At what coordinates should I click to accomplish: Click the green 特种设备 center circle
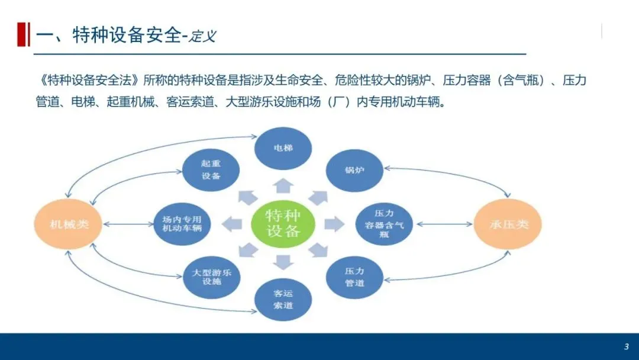[283, 223]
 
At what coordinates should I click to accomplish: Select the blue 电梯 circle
[283, 147]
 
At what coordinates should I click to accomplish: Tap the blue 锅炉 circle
[354, 171]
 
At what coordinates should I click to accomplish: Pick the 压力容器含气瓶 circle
[383, 224]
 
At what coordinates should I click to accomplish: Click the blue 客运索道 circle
[283, 299]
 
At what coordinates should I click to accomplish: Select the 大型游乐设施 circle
[211, 277]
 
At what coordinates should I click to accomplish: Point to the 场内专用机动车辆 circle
[182, 224]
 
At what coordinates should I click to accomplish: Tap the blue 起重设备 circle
[211, 169]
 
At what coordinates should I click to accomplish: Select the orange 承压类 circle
[508, 224]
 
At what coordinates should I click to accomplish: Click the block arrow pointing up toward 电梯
[283, 185]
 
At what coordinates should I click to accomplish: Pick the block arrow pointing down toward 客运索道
[283, 261]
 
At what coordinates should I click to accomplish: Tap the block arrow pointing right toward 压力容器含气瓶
[334, 223]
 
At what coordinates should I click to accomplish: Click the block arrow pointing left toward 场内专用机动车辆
[232, 224]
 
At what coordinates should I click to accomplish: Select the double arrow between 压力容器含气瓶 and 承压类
[444, 224]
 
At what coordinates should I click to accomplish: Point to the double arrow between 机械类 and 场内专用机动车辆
[128, 224]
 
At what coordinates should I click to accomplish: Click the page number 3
[627, 346]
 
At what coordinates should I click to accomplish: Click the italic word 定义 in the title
[203, 36]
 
